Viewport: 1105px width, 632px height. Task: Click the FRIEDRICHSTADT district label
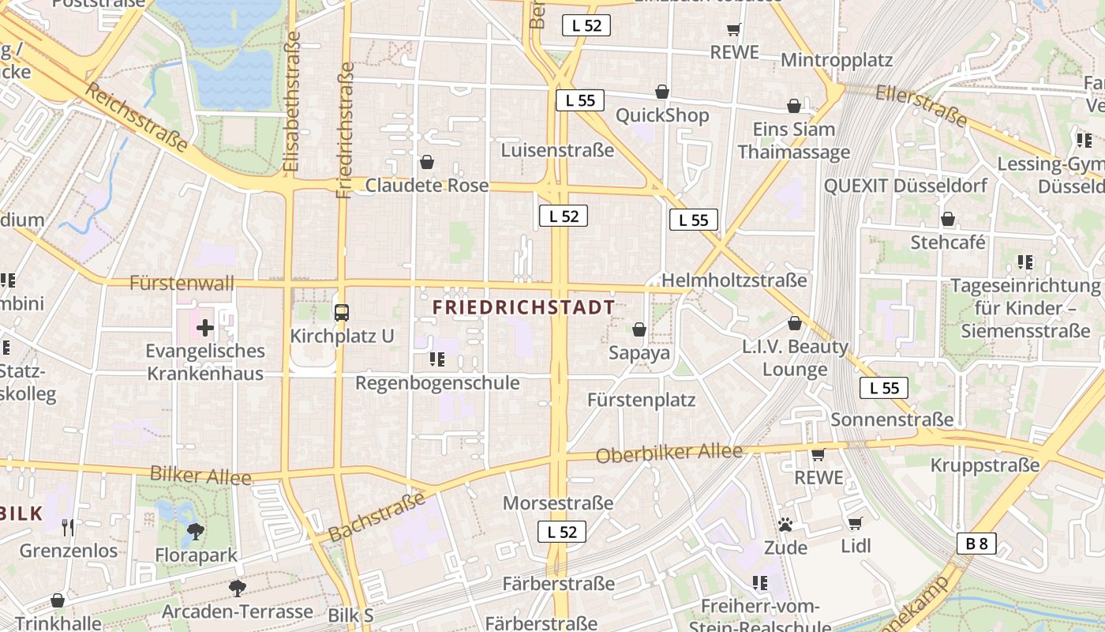point(524,307)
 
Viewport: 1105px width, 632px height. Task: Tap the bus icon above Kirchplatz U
point(341,312)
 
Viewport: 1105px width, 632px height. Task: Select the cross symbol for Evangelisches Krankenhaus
point(205,327)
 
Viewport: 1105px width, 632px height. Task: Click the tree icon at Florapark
point(196,532)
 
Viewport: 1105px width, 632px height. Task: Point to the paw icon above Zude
point(785,524)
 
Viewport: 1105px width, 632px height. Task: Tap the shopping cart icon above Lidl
point(855,522)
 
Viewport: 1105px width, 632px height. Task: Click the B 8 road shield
point(976,544)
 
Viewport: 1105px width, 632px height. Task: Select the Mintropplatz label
point(836,60)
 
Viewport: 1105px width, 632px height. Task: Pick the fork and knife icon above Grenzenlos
point(68,527)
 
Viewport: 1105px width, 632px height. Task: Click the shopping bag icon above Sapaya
point(639,329)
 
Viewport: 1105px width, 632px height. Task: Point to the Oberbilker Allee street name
point(669,453)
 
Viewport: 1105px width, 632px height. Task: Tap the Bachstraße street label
point(377,517)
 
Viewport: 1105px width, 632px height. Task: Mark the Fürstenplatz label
point(642,401)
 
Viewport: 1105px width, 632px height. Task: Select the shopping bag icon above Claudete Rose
point(427,162)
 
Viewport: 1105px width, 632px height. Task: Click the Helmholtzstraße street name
point(734,280)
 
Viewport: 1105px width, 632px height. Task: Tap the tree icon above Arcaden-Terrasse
point(237,588)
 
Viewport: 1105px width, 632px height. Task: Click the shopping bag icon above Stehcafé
point(947,218)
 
